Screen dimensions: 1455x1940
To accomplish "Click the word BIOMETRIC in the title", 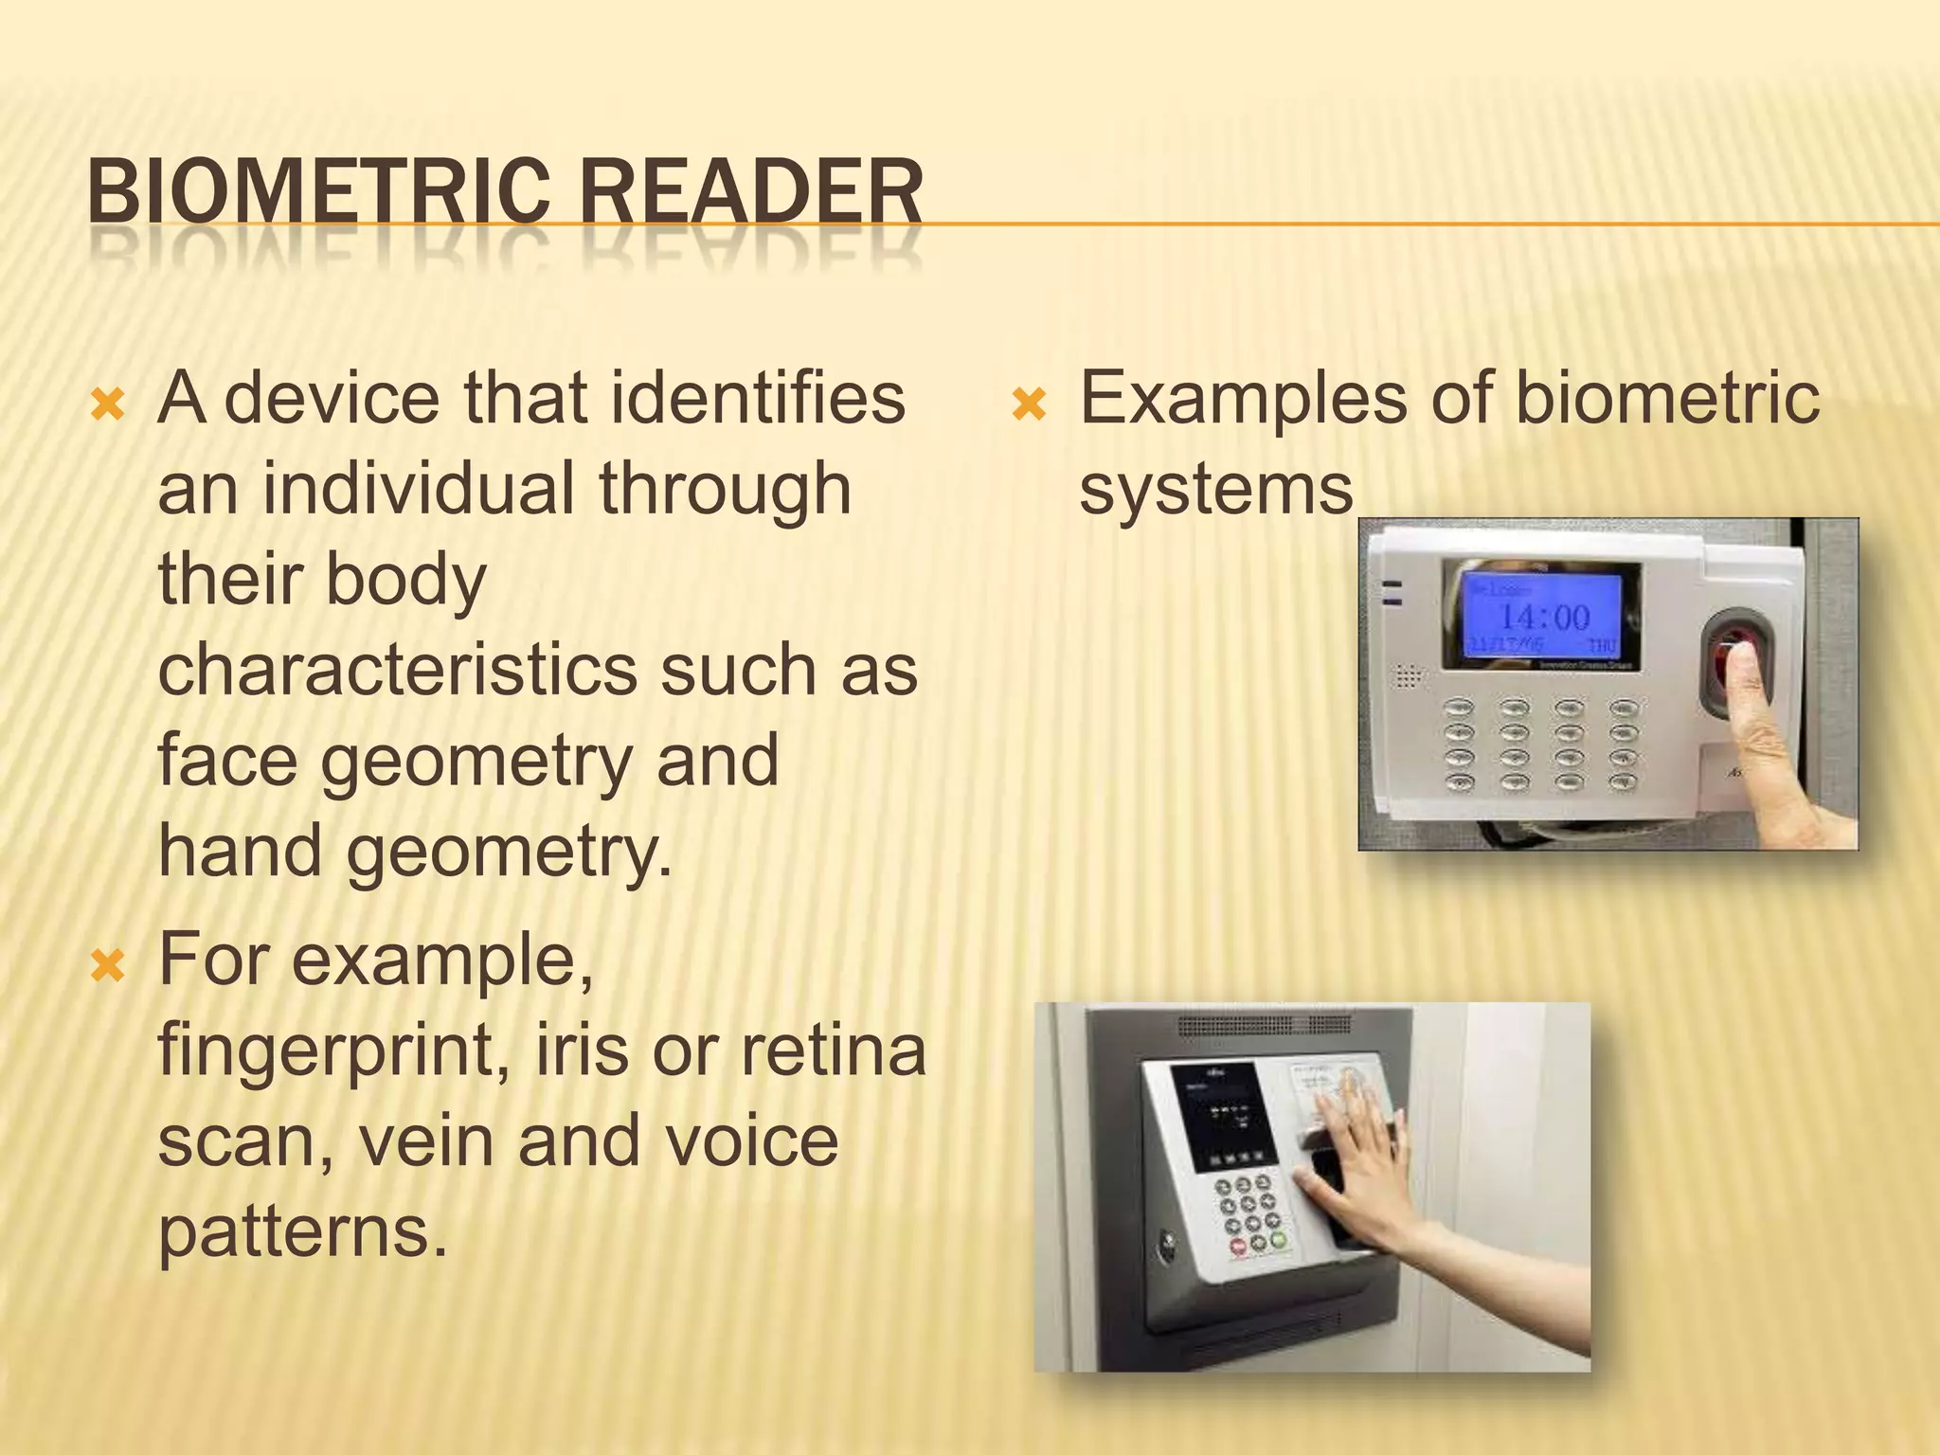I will pos(318,191).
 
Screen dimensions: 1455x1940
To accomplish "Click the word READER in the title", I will pos(750,191).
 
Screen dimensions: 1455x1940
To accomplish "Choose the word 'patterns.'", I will pos(302,1231).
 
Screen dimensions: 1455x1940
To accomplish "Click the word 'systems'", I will pos(1216,489).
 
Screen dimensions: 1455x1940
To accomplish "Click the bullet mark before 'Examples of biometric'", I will pos(1029,406).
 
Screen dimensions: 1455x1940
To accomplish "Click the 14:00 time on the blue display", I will pos(1544,618).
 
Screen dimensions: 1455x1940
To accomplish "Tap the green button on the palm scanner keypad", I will pos(1279,1239).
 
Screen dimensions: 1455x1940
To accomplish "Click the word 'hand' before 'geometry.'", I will pos(241,851).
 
